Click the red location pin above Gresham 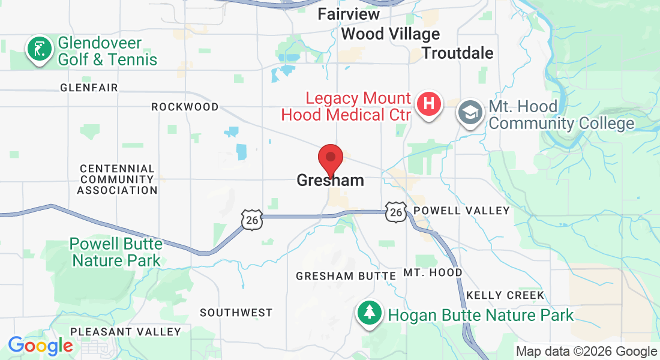[330, 159]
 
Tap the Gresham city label [330, 180]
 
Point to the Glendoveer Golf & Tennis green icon [39, 49]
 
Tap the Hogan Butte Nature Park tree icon [370, 313]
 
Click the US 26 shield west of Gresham [252, 220]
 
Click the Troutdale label [457, 53]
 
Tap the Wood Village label [390, 34]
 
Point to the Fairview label [349, 13]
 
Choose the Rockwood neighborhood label [185, 107]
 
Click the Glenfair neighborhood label [89, 88]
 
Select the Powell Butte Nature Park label [116, 252]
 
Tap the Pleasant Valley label [125, 332]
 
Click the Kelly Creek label [505, 295]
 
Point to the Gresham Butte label [346, 276]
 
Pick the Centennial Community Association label [117, 179]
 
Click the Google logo [40, 346]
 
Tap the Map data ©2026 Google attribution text [586, 352]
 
